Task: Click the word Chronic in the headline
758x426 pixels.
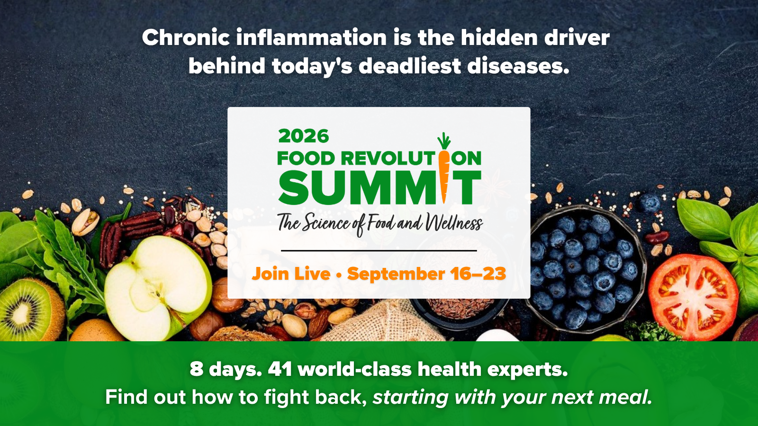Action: (x=186, y=37)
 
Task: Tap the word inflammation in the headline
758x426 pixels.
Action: (x=311, y=37)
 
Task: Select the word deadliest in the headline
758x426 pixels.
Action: (x=409, y=65)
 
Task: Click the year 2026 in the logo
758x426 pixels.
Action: (x=304, y=136)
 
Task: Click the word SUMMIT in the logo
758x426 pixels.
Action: (x=379, y=187)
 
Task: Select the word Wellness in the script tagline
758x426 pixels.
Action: (x=453, y=223)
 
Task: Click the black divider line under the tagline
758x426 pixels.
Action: (x=379, y=251)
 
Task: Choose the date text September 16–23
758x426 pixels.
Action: (x=426, y=274)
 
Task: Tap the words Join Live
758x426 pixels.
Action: (x=291, y=274)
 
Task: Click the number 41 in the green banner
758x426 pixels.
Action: (x=280, y=369)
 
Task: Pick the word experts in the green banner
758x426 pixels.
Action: (x=527, y=370)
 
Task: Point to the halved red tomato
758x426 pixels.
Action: (x=693, y=297)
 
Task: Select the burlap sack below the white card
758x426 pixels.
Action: (x=382, y=321)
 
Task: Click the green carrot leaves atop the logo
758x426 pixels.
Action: (x=444, y=141)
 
